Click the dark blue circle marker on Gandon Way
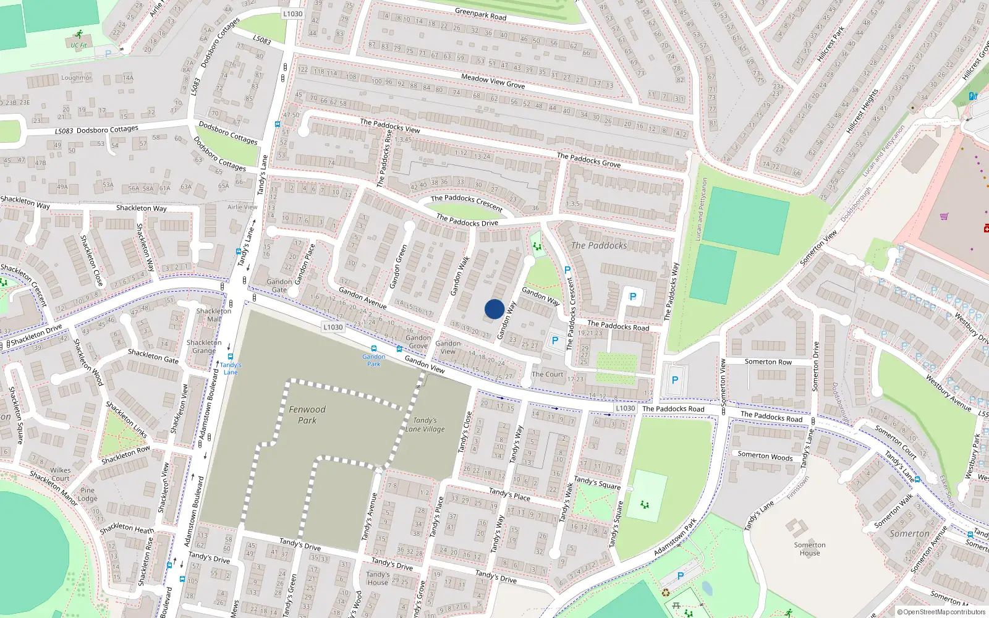[x=494, y=309]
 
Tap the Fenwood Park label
[x=307, y=415]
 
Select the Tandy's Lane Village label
[x=425, y=425]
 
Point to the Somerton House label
[x=810, y=549]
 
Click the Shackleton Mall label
[x=214, y=315]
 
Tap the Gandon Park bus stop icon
[x=373, y=349]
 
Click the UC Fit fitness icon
[x=78, y=35]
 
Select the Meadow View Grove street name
[x=493, y=81]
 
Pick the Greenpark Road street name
[x=480, y=14]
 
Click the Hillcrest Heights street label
[x=862, y=111]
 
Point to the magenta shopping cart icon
[x=944, y=216]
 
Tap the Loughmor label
[x=76, y=78]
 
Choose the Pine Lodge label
[x=88, y=494]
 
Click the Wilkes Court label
[x=61, y=474]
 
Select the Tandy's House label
[x=378, y=578]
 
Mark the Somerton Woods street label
[x=765, y=456]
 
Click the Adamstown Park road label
[x=675, y=536]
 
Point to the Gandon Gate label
[x=279, y=286]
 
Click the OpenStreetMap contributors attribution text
[x=941, y=612]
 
